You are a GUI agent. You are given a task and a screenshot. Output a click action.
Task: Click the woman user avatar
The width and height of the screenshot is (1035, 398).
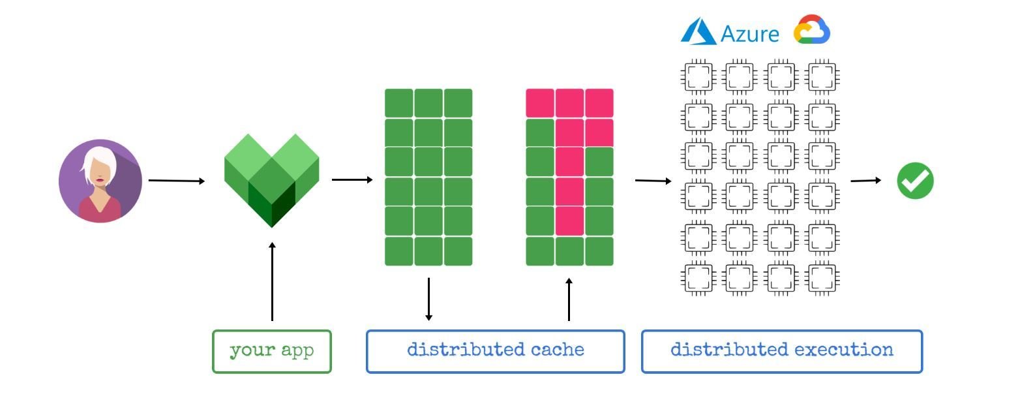(x=100, y=181)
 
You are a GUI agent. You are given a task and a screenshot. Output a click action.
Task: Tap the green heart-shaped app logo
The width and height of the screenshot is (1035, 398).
(x=271, y=180)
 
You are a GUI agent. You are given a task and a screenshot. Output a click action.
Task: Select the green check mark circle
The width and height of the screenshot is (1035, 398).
(x=915, y=181)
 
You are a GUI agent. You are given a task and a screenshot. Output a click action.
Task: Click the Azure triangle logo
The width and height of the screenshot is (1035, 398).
(x=698, y=31)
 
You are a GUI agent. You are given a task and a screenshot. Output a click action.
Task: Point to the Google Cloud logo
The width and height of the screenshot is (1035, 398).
(x=811, y=30)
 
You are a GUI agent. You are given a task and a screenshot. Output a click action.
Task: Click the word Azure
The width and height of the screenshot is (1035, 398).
(x=750, y=34)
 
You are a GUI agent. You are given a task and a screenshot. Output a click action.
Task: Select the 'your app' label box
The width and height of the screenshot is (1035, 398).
(x=271, y=351)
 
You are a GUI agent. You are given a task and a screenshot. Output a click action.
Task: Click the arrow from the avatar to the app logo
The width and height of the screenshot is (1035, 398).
(x=176, y=180)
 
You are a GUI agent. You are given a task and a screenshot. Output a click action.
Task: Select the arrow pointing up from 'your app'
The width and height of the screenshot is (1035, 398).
(x=272, y=281)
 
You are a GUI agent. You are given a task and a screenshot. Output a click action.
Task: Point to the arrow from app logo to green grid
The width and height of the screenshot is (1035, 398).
(x=352, y=179)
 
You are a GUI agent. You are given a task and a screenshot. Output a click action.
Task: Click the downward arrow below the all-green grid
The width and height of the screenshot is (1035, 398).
(x=428, y=299)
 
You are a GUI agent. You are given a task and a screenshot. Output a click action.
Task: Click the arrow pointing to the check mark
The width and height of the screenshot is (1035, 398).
(x=866, y=180)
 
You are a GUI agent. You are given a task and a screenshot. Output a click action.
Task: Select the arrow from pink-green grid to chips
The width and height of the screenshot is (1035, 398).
(x=653, y=180)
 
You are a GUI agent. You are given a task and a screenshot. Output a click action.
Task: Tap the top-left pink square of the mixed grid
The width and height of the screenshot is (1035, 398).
(x=539, y=103)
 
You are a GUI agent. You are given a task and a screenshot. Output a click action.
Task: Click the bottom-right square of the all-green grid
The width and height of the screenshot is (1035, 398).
(x=458, y=251)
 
